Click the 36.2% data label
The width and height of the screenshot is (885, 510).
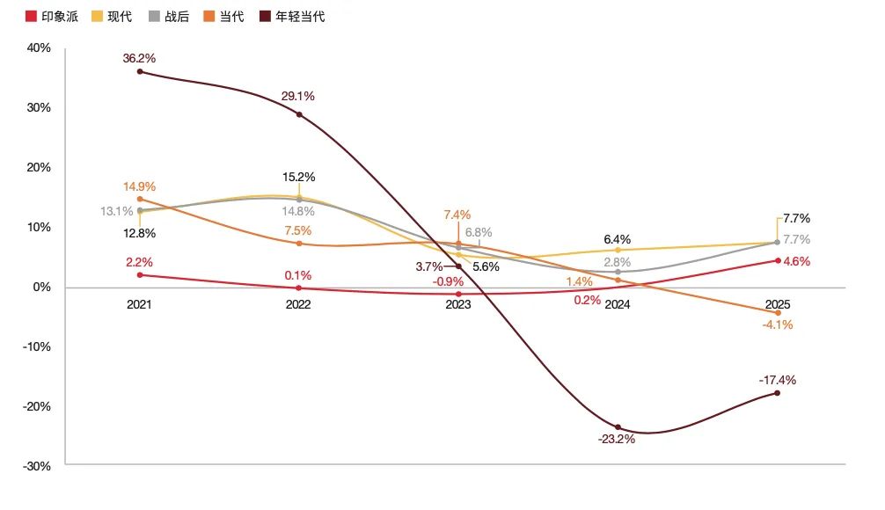tap(140, 58)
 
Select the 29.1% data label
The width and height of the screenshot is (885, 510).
tap(299, 96)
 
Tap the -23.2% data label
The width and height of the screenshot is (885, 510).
tap(617, 439)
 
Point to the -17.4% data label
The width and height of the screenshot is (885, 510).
tap(778, 381)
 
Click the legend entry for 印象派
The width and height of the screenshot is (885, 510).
tap(53, 16)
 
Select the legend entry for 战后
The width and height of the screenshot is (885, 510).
tap(169, 16)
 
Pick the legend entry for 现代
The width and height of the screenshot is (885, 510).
tap(112, 16)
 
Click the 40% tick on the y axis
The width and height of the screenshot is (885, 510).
tap(39, 48)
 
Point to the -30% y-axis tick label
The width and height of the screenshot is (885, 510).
tap(37, 466)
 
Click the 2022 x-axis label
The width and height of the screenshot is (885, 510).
tap(298, 305)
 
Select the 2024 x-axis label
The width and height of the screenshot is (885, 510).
tap(618, 305)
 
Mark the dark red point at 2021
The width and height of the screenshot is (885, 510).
tap(140, 71)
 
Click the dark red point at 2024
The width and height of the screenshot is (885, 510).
tap(618, 427)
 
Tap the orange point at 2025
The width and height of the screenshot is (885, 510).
tap(778, 312)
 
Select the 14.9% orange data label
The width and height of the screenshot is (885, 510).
tap(140, 186)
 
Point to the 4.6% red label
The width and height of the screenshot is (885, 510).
tap(796, 261)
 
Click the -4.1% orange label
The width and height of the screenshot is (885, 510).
tap(778, 324)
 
